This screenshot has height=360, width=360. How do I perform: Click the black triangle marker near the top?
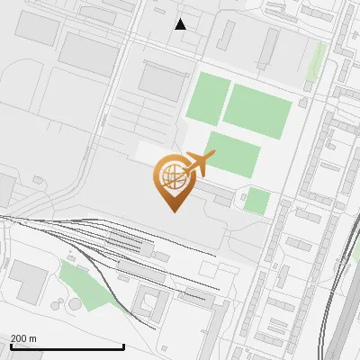coord(181,24)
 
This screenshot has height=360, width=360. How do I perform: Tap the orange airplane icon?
coord(200,164)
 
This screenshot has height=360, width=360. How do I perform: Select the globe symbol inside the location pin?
coord(171,175)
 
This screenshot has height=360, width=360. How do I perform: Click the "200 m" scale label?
coord(23,338)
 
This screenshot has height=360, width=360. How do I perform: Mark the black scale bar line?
coord(67,346)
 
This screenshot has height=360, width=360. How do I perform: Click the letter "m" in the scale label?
coord(32,338)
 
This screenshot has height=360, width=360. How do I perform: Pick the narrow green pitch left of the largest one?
coord(207,99)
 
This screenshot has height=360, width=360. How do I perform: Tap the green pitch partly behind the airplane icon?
coord(232,155)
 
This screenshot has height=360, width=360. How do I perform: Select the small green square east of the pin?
coord(256,202)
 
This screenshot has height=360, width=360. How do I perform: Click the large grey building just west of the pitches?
coord(161,82)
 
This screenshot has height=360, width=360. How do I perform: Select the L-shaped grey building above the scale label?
coord(31,281)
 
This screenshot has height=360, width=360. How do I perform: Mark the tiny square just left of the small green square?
coord(242,196)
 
